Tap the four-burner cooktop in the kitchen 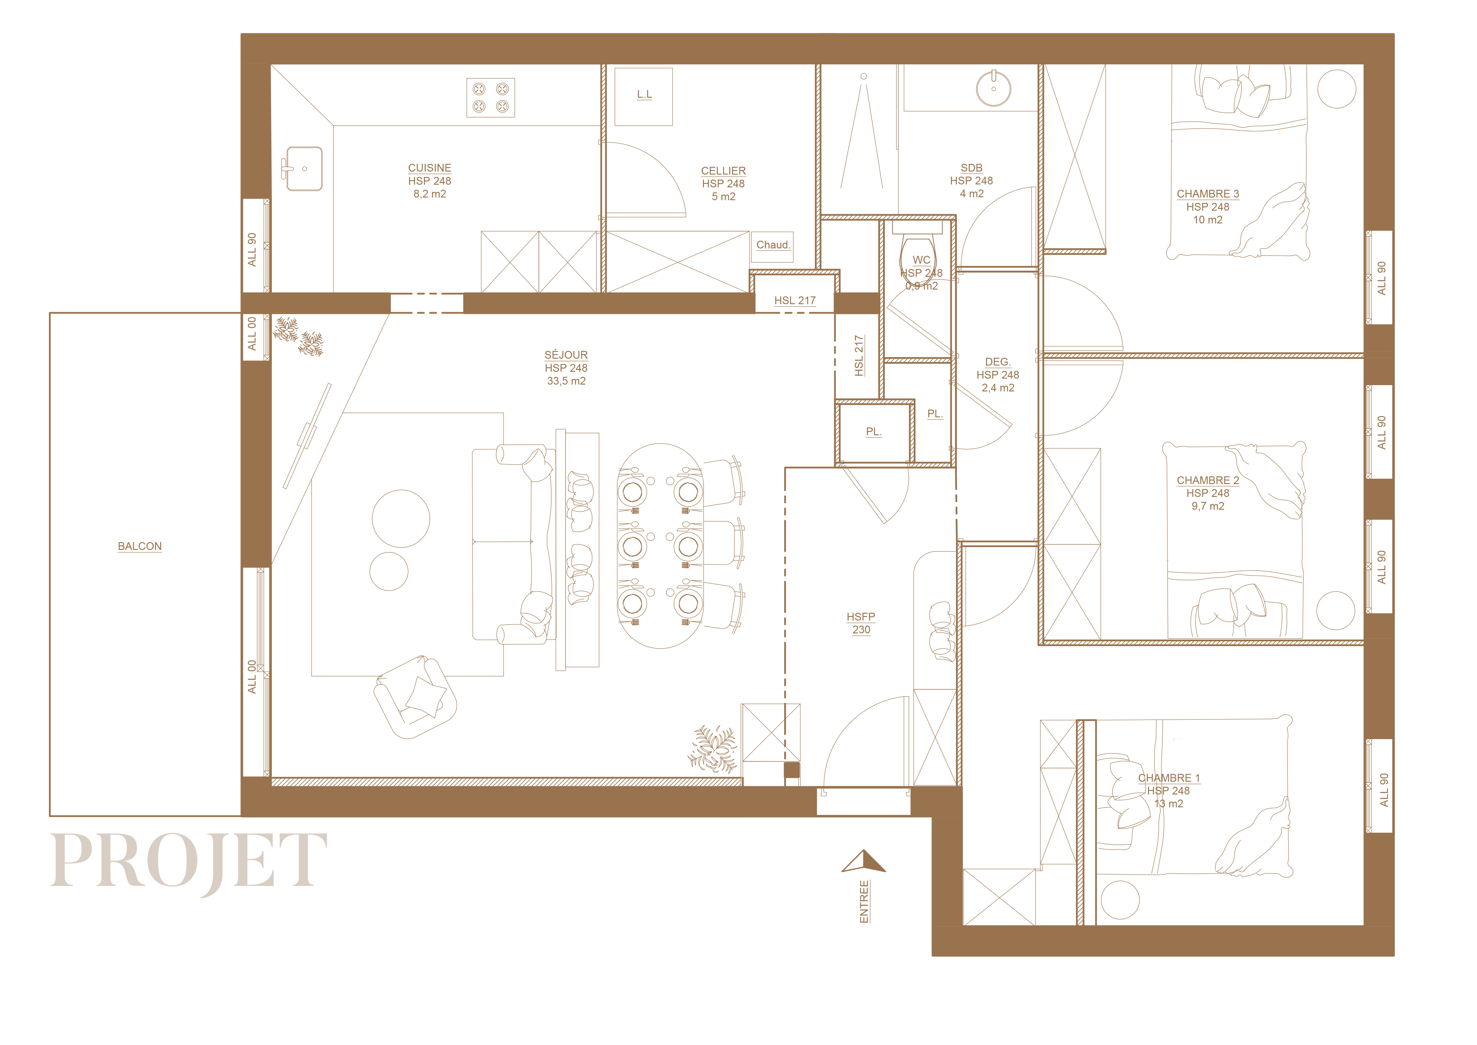[x=490, y=98]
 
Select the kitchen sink [x=304, y=169]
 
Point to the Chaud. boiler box [x=773, y=245]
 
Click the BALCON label [x=140, y=546]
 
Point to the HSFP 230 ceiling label [x=861, y=623]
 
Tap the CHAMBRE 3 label [x=1208, y=194]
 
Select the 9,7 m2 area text [x=1208, y=506]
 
